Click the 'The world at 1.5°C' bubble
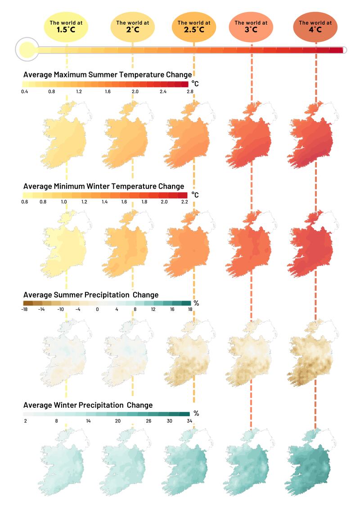click(x=66, y=26)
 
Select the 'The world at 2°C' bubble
click(x=132, y=26)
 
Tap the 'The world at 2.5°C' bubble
click(x=194, y=26)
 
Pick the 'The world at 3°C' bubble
click(x=251, y=26)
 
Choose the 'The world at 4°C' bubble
click(x=315, y=26)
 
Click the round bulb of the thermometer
click(x=27, y=50)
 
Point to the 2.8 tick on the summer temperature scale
click(x=190, y=92)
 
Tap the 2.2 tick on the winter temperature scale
click(x=184, y=202)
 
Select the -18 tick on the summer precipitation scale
click(x=25, y=309)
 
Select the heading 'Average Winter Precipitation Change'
click(x=88, y=405)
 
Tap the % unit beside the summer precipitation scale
click(x=196, y=303)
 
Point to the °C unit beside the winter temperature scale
click(x=195, y=195)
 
